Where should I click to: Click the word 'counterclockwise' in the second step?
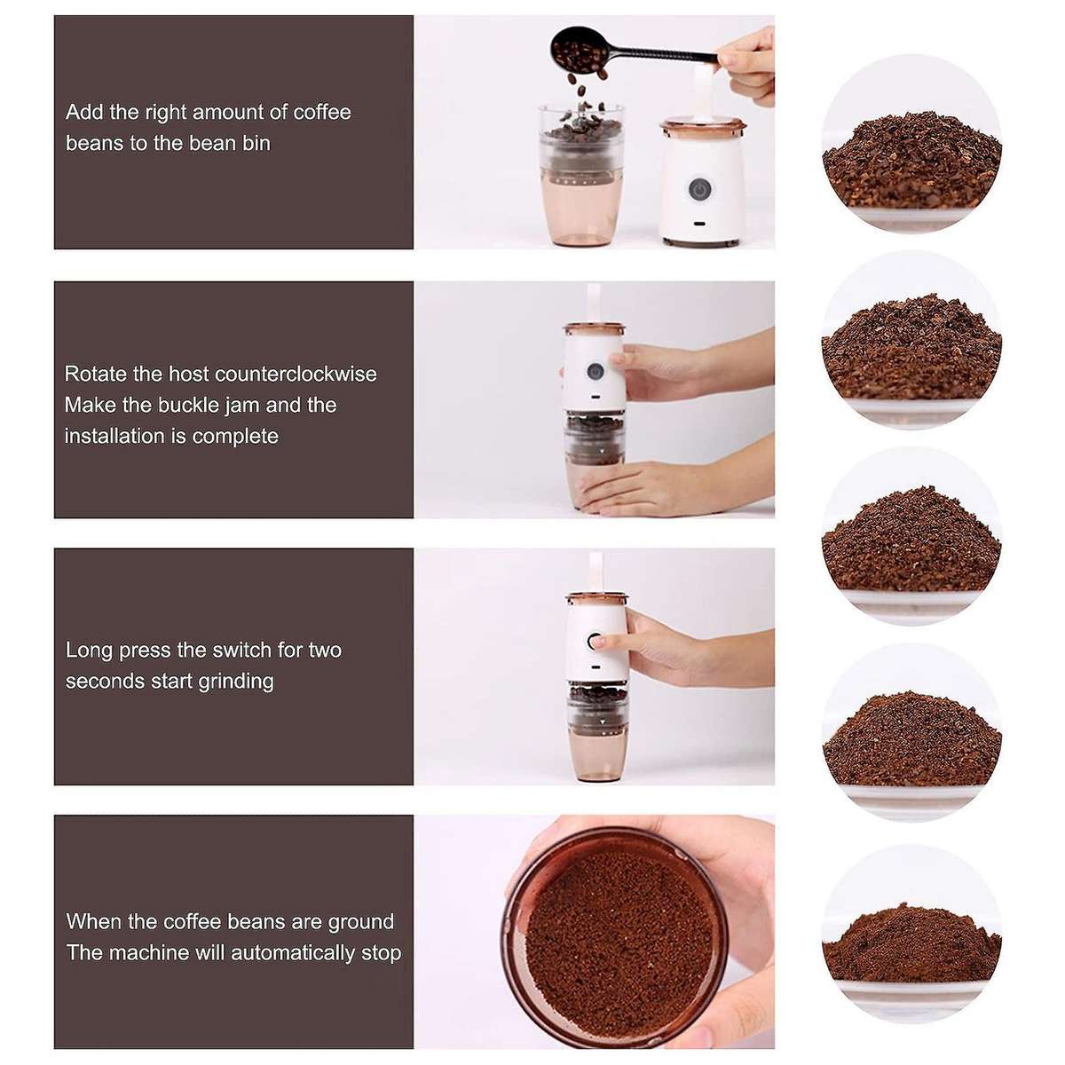[296, 374]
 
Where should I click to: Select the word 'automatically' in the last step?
[294, 953]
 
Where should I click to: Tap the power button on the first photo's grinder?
[700, 190]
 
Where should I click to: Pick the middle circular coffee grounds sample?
[911, 536]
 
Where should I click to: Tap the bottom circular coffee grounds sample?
[911, 936]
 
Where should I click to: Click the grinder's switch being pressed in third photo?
[594, 641]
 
